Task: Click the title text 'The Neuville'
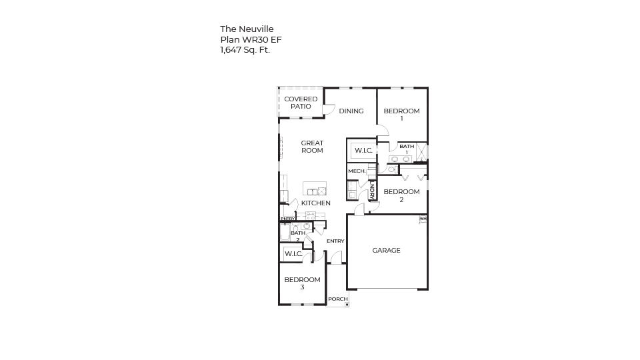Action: tap(247, 29)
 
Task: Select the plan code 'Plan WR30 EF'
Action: tap(251, 39)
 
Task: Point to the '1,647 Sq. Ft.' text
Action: tap(245, 50)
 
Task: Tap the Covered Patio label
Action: tap(301, 103)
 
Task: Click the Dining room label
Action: tap(351, 111)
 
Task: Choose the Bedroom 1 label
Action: tap(401, 115)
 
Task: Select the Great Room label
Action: tap(312, 147)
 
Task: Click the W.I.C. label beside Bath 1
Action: tap(363, 151)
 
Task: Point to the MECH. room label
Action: tap(357, 171)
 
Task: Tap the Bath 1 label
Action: tap(407, 149)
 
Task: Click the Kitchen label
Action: tap(315, 203)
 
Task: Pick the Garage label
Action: tap(386, 251)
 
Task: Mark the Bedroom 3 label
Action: tap(302, 283)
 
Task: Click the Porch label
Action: tap(337, 299)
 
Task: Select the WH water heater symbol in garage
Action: tap(423, 219)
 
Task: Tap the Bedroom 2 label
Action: tap(401, 195)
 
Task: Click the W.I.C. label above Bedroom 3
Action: tap(293, 254)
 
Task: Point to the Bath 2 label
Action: tap(297, 235)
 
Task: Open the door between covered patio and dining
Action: tap(329, 109)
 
